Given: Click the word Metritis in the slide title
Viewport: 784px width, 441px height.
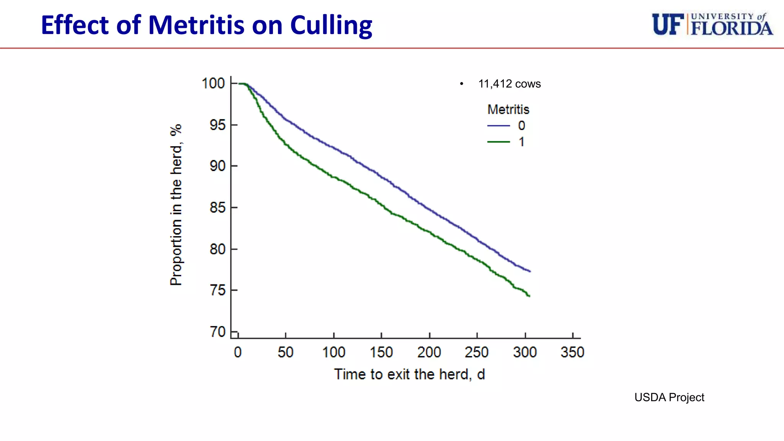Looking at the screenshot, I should coord(196,25).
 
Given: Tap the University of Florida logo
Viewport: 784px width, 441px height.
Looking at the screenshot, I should coord(712,24).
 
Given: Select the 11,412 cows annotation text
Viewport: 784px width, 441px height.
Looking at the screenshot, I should coord(509,84).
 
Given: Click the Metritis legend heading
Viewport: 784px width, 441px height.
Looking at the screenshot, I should coord(508,109).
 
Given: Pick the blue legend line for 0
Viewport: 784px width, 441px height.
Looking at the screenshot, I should coord(498,126).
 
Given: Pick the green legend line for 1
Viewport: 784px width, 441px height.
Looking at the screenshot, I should coord(498,142).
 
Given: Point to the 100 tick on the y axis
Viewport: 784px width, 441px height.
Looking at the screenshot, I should coord(213,83).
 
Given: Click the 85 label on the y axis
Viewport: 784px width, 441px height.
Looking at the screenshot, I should coord(217,207).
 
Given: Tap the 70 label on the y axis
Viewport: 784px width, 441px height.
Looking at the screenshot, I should coord(217,332).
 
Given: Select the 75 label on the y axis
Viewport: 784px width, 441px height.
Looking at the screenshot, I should coord(217,290).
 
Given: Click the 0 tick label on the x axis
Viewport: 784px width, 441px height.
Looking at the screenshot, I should coord(238,352).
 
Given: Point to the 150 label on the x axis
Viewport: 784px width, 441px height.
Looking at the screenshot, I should coord(381,352).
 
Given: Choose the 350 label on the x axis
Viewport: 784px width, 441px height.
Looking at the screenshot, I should coord(572,352).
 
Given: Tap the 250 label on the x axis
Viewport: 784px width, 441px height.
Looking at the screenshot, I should coord(477,352).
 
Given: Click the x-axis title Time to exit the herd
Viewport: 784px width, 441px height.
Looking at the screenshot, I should coord(409,374).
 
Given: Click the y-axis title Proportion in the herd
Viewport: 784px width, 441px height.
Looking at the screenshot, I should coord(176,205).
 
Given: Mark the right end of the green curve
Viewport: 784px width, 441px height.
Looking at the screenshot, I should coord(529,296).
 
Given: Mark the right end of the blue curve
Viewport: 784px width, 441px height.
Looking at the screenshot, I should coord(530,271).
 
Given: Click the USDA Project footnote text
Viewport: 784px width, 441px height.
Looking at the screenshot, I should coord(669,397).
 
